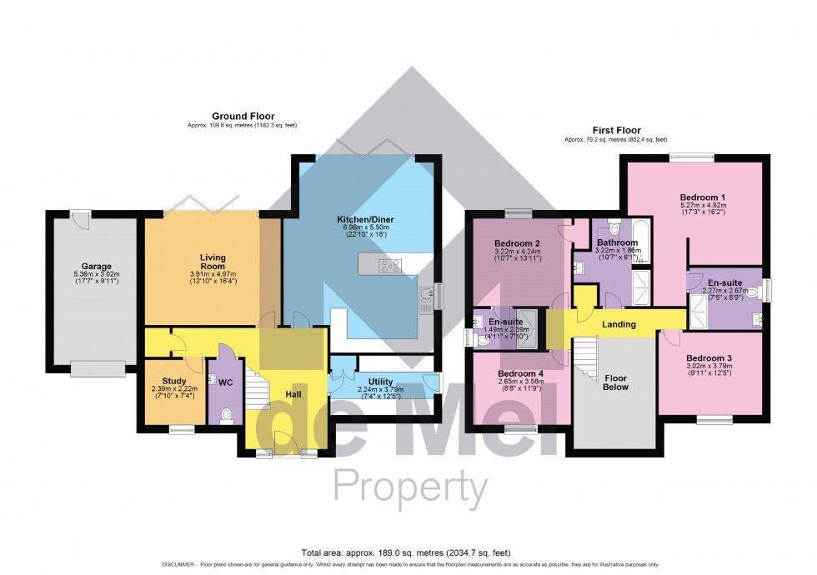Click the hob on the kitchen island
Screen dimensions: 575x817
pos(389,267)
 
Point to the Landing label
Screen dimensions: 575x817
pos(619,324)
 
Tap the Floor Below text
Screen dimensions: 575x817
pos(615,382)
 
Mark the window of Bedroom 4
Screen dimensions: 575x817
pos(521,429)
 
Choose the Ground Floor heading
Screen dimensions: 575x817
pos(243,116)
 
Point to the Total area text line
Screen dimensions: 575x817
pos(408,552)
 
